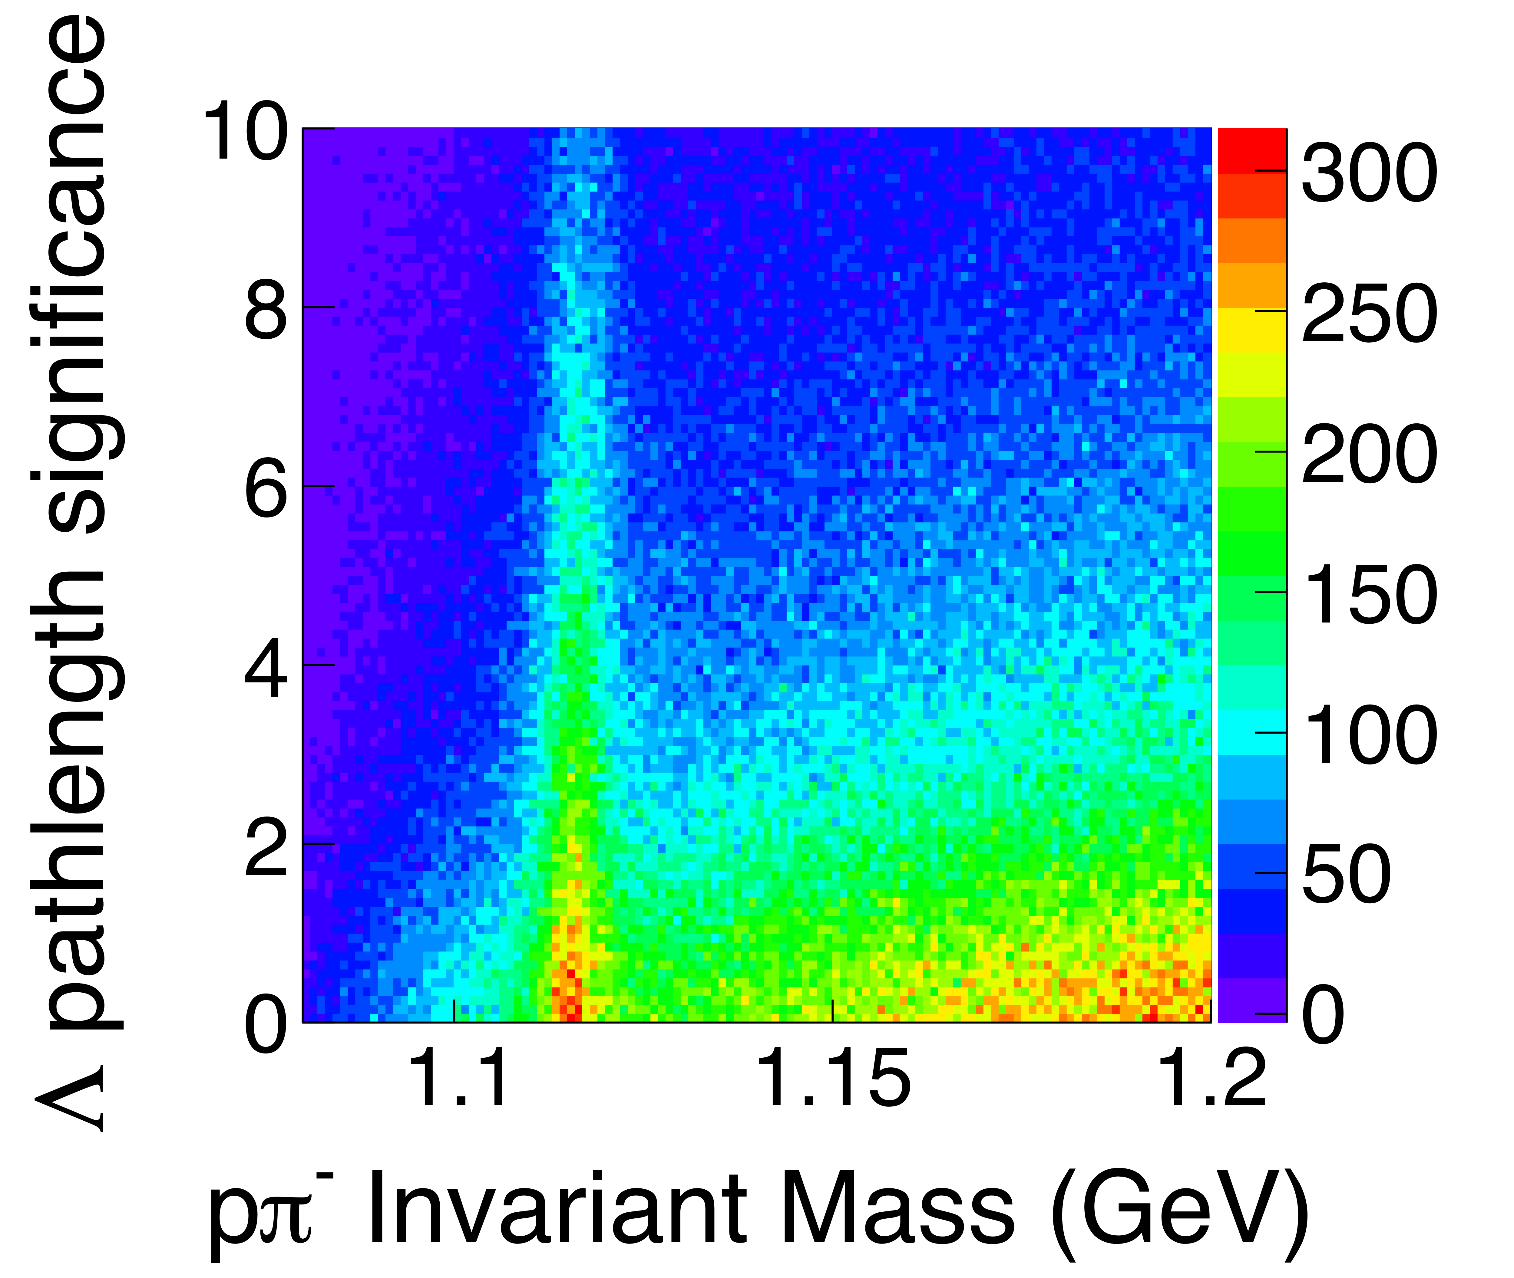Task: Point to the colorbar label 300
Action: tap(1368, 172)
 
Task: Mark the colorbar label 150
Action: tap(1368, 594)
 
